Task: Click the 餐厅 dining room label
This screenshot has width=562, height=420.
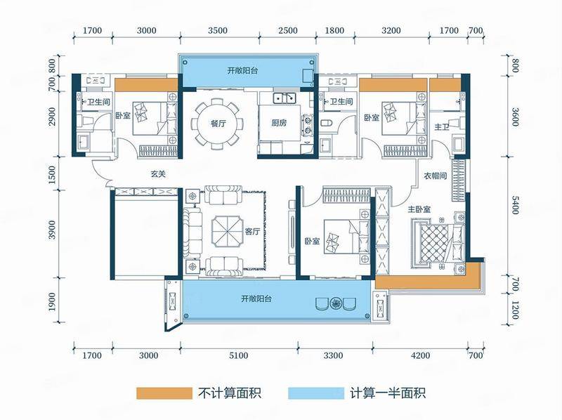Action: click(218, 124)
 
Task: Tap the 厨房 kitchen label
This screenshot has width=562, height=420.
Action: click(279, 124)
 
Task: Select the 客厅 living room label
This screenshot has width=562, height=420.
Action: click(252, 232)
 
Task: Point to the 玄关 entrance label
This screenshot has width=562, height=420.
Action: click(157, 174)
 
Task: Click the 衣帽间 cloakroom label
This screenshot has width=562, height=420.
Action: click(435, 176)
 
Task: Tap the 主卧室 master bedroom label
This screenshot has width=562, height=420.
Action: click(419, 209)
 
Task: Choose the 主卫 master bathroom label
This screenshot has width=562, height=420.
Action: click(442, 127)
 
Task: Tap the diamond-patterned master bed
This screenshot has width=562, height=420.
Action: click(434, 244)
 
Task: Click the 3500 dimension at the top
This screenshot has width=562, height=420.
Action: click(218, 30)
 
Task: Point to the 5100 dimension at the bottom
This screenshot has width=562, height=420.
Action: click(238, 355)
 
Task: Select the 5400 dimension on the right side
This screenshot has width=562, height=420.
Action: click(515, 205)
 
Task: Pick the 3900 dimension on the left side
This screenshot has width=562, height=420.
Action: click(52, 230)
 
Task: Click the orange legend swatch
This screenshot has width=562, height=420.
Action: click(164, 393)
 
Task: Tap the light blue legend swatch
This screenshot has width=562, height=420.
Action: click(315, 393)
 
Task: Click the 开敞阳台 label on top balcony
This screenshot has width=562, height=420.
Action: click(242, 70)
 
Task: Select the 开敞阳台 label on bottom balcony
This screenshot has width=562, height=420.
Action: click(256, 298)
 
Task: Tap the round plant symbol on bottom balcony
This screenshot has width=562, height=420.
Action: click(336, 303)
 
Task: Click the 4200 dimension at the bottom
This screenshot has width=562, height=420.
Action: click(420, 355)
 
